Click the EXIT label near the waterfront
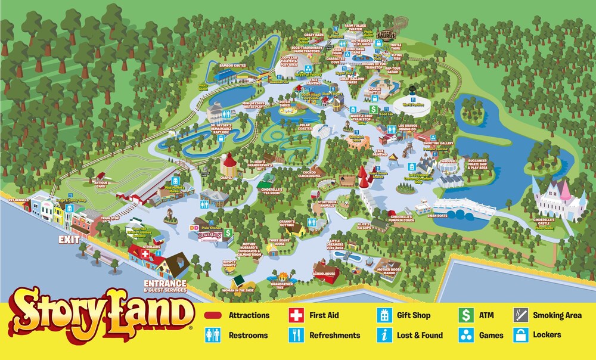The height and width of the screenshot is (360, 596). click(69, 240)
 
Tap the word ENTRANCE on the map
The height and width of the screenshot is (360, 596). click(165, 283)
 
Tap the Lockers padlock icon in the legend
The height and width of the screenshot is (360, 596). click(520, 335)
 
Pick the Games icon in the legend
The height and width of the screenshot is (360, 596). click(466, 335)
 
